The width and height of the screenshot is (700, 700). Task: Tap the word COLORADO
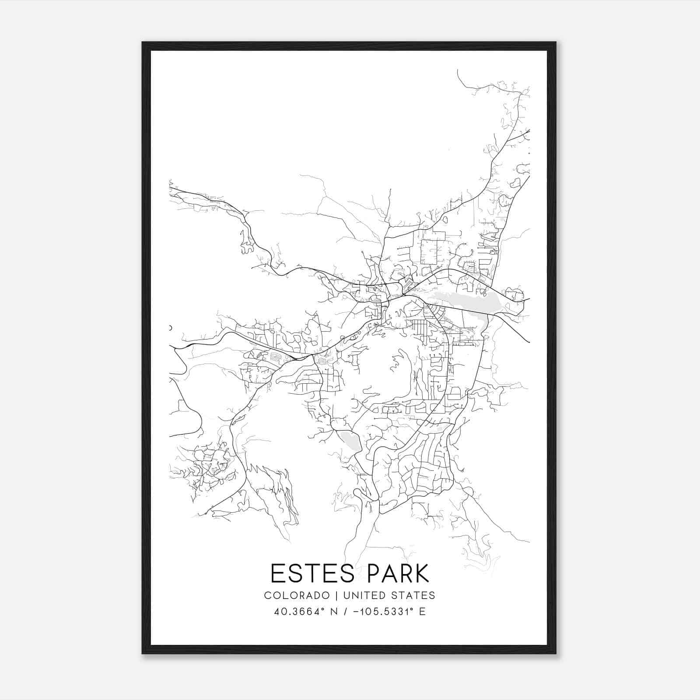click(x=297, y=595)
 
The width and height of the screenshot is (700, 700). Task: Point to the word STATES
click(x=413, y=595)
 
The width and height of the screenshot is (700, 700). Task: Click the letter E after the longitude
click(x=422, y=612)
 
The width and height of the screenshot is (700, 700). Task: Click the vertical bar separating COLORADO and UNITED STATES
click(x=336, y=595)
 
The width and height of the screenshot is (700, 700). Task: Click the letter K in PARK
click(x=422, y=574)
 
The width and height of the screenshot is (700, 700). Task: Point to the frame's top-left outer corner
click(x=142, y=42)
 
